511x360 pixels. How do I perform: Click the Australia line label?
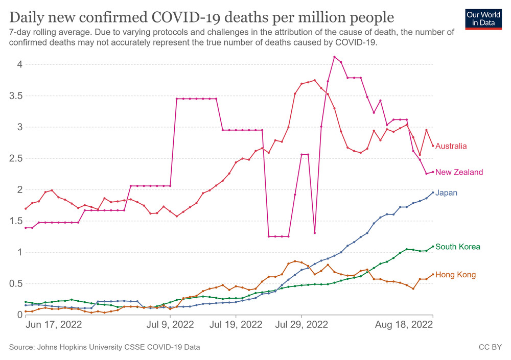pyautogui.click(x=451, y=146)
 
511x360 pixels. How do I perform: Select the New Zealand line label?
pyautogui.click(x=459, y=172)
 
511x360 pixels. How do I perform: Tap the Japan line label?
pyautogui.click(x=446, y=193)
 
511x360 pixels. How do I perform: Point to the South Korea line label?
pyautogui.click(x=458, y=247)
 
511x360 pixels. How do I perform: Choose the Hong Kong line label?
pyautogui.click(x=455, y=275)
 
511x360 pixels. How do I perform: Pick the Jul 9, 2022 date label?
pyautogui.click(x=170, y=325)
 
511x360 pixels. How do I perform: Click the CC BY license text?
pyautogui.click(x=490, y=347)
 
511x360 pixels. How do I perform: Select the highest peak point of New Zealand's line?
pyautogui.click(x=334, y=57)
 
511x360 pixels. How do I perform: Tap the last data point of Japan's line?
pyautogui.click(x=433, y=193)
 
